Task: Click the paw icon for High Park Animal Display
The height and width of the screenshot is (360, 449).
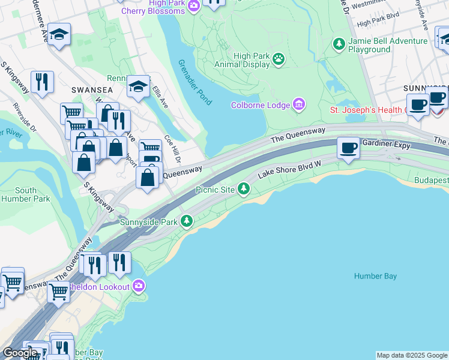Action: click(x=279, y=59)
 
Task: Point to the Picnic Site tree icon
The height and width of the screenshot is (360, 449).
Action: click(x=243, y=189)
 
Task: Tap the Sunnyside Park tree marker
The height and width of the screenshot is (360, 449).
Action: click(x=187, y=221)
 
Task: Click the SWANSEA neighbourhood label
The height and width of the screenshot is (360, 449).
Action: click(x=88, y=89)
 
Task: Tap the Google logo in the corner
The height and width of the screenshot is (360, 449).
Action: click(x=20, y=353)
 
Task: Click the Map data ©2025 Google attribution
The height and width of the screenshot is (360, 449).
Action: click(x=412, y=355)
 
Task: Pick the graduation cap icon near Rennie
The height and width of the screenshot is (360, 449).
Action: click(x=138, y=88)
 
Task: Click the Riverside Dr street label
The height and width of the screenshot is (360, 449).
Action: click(x=25, y=116)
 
